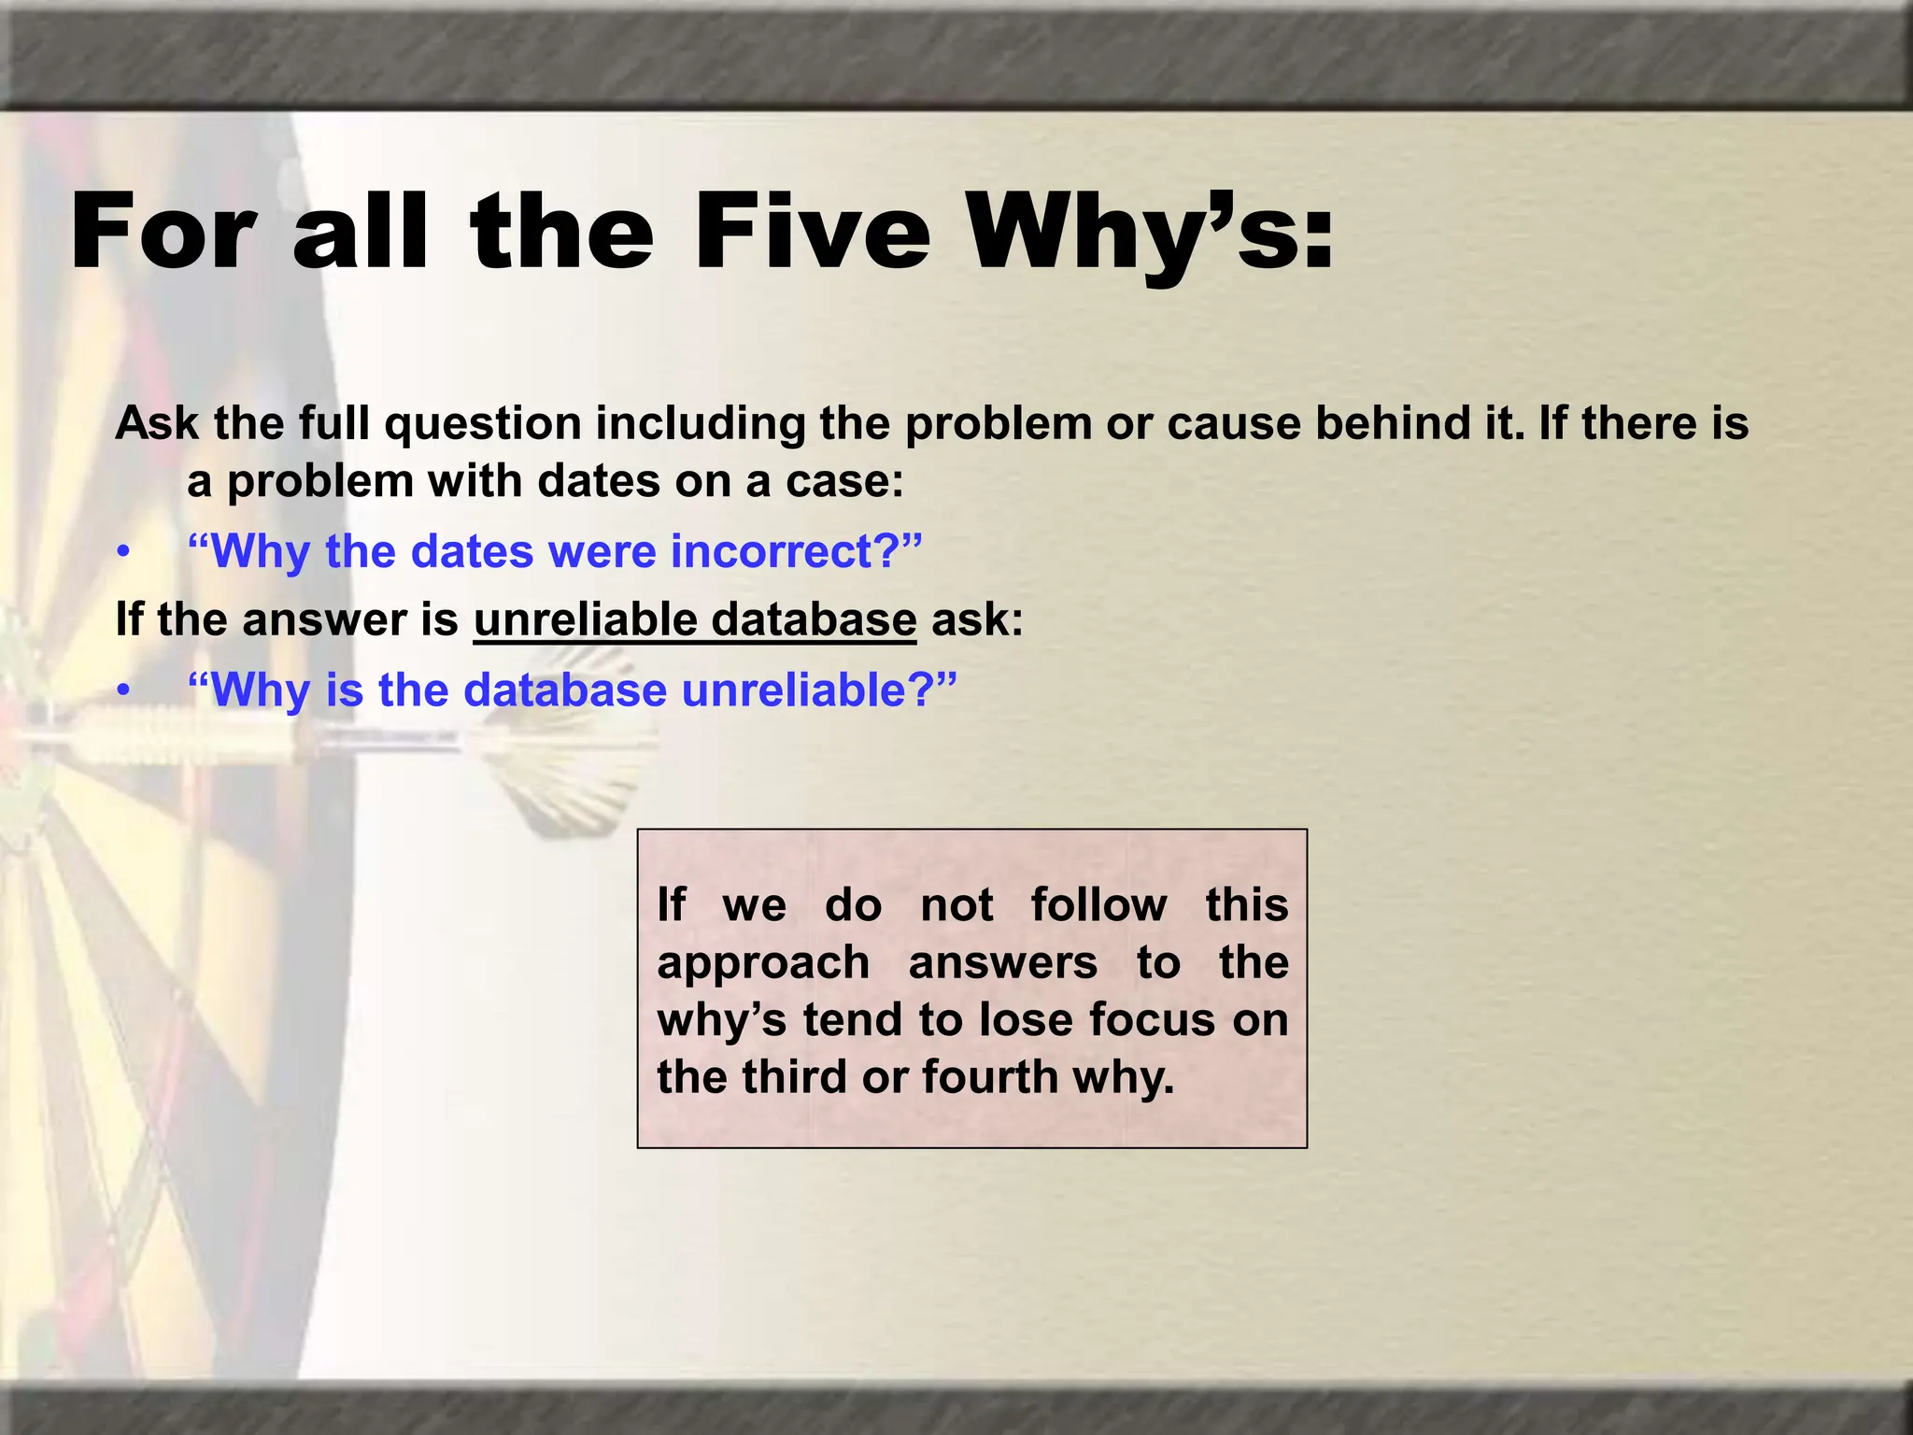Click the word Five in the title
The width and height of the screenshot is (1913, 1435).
pyautogui.click(x=811, y=231)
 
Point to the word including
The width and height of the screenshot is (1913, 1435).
pyautogui.click(x=700, y=423)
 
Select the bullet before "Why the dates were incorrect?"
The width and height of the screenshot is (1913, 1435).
pyautogui.click(x=122, y=553)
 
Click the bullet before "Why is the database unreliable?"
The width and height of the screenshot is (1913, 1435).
pyautogui.click(x=122, y=692)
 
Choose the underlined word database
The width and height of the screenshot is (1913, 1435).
pyautogui.click(x=813, y=619)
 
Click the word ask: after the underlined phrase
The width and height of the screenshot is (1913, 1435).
pyautogui.click(x=977, y=619)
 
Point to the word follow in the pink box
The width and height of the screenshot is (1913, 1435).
pyautogui.click(x=1098, y=904)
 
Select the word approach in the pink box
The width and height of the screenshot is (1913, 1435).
pyautogui.click(x=763, y=962)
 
